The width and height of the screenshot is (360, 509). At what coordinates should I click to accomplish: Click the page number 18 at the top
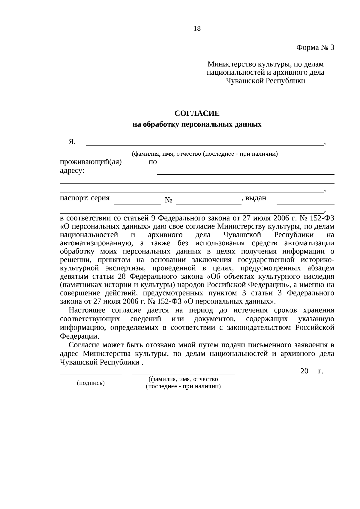[x=197, y=28]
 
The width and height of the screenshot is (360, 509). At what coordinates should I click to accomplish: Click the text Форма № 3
[x=315, y=47]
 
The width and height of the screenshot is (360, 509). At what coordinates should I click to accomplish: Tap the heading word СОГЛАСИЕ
[x=197, y=113]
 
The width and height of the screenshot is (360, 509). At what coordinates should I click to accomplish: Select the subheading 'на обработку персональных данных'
[x=197, y=124]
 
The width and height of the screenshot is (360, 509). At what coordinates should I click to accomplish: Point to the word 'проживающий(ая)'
[x=91, y=162]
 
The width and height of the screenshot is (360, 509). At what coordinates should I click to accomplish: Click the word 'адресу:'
[x=72, y=171]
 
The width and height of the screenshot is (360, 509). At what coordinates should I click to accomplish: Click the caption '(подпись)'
[x=91, y=383]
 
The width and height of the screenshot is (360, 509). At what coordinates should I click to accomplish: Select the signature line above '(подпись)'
[x=91, y=374]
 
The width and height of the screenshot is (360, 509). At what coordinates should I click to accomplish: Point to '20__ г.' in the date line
[x=311, y=371]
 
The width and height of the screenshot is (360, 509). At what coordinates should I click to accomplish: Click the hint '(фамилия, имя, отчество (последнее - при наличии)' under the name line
[x=205, y=154]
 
